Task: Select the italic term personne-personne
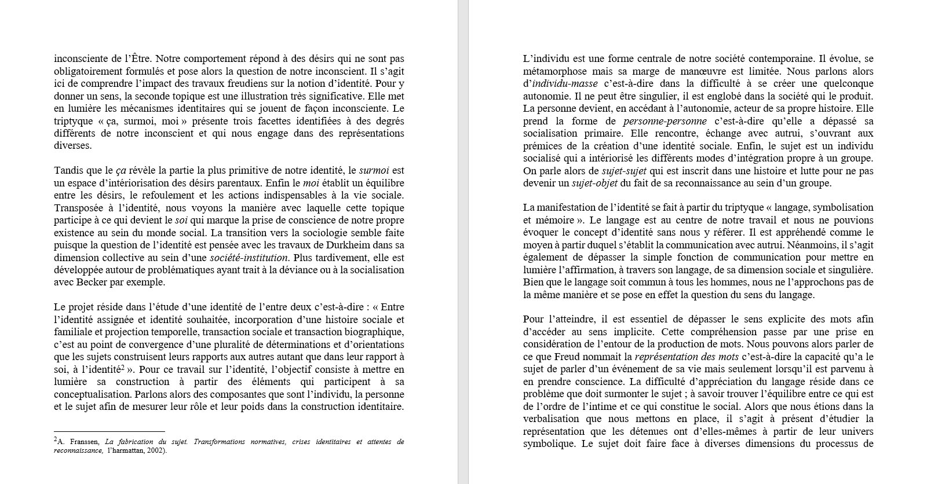point(665,121)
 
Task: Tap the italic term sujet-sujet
point(623,171)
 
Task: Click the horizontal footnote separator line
point(110,431)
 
